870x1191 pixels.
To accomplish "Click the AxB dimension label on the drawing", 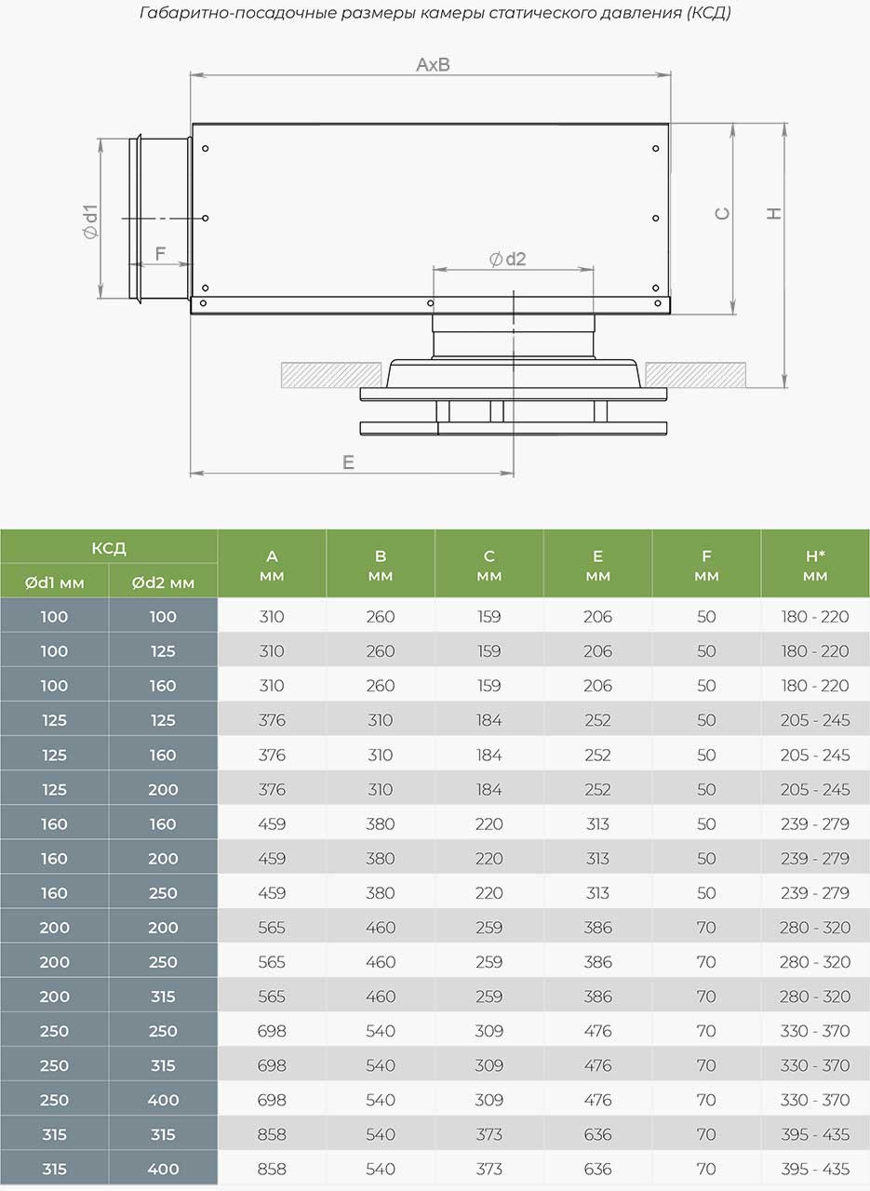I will [x=433, y=65].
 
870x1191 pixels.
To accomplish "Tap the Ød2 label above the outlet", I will [x=508, y=259].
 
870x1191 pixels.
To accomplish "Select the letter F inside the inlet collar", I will [x=160, y=253].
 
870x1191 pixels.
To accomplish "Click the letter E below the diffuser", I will [x=348, y=462].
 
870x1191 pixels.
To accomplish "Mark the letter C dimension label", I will [x=722, y=214].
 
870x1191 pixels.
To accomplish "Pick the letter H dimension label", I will [x=774, y=214].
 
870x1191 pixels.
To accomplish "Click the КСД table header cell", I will [x=109, y=547].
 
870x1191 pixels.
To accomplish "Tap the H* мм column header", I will [x=815, y=565].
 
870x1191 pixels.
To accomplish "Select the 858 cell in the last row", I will [x=272, y=1169].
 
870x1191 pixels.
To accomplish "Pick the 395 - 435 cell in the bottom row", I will [x=815, y=1169].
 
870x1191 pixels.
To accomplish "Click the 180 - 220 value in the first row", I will [x=815, y=616].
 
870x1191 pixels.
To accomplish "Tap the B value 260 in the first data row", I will [x=381, y=616].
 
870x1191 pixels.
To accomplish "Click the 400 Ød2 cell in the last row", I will [x=163, y=1169].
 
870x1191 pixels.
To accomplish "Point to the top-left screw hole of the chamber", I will [x=205, y=149].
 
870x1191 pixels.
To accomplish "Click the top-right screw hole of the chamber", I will [x=656, y=149].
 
